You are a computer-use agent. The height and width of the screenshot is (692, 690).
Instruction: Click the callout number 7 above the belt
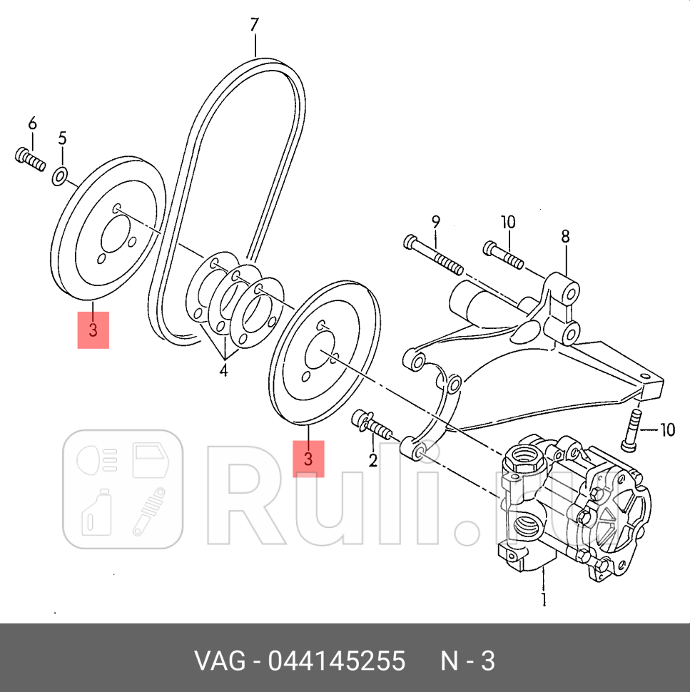click(x=254, y=26)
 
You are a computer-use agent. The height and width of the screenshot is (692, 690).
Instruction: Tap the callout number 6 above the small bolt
click(x=31, y=124)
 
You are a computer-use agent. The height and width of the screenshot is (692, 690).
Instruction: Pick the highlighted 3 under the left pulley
click(x=93, y=330)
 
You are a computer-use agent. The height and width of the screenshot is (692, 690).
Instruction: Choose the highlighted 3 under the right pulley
click(x=308, y=458)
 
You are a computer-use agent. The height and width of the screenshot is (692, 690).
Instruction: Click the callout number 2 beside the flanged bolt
click(x=372, y=460)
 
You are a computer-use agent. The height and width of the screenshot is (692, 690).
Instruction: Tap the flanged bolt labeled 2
click(x=370, y=427)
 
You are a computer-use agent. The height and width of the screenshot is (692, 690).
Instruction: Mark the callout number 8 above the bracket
click(x=565, y=236)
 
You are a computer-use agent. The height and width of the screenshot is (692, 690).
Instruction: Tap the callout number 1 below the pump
click(x=543, y=599)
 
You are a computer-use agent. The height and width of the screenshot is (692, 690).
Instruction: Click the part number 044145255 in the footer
click(x=336, y=661)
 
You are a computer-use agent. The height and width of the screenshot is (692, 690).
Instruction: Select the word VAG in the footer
click(x=218, y=661)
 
